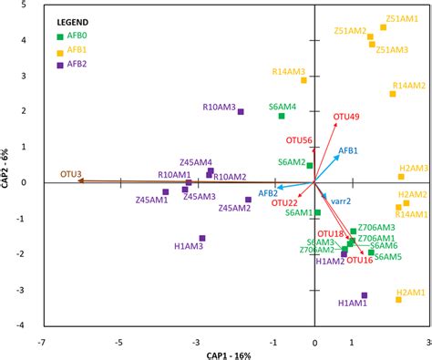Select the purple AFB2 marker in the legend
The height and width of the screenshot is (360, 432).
click(x=61, y=66)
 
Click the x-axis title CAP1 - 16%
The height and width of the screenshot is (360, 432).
click(x=221, y=354)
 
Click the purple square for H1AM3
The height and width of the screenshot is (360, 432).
click(x=202, y=239)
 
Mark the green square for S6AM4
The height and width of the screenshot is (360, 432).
click(x=282, y=116)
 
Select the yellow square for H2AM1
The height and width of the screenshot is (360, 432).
click(x=398, y=299)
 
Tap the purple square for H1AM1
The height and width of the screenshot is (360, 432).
click(x=364, y=295)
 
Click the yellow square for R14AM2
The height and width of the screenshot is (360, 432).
click(x=393, y=94)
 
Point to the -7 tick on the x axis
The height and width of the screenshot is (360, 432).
click(x=41, y=343)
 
